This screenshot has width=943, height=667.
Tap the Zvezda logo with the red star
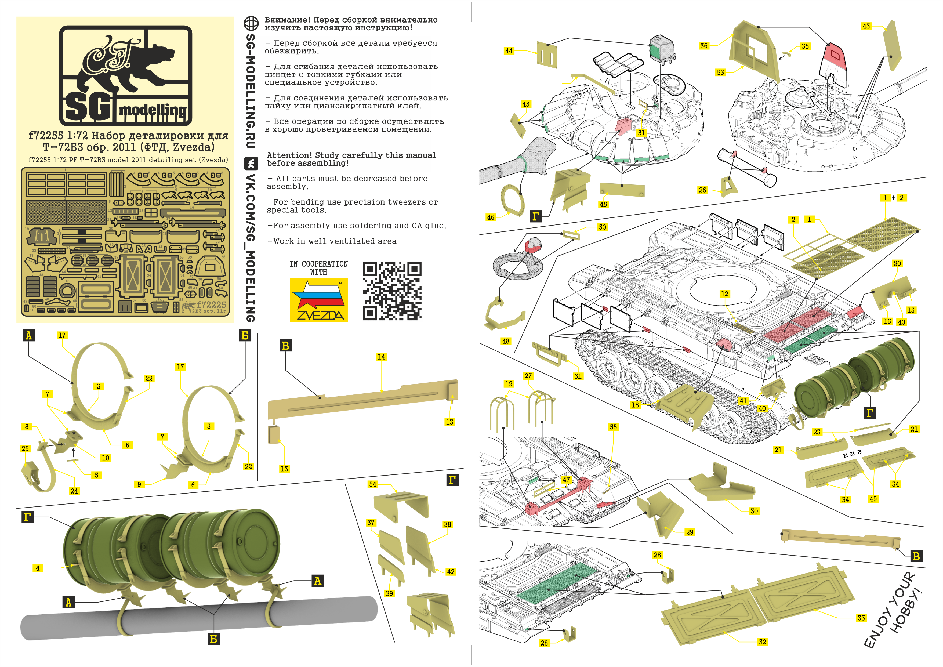(319, 300)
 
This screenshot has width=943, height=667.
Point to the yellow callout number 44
(509, 51)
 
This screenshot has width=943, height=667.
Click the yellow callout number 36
(704, 46)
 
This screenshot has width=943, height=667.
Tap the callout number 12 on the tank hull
(724, 294)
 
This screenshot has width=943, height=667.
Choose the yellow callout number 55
(613, 427)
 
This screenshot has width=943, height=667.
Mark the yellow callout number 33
(861, 618)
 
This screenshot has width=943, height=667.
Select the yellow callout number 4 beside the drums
(38, 568)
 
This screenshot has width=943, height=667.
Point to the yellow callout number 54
(372, 484)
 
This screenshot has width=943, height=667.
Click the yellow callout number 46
(490, 217)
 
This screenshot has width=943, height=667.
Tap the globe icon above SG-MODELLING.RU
(251, 23)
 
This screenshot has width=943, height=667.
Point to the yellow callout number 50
(602, 227)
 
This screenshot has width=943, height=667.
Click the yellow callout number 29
(690, 532)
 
